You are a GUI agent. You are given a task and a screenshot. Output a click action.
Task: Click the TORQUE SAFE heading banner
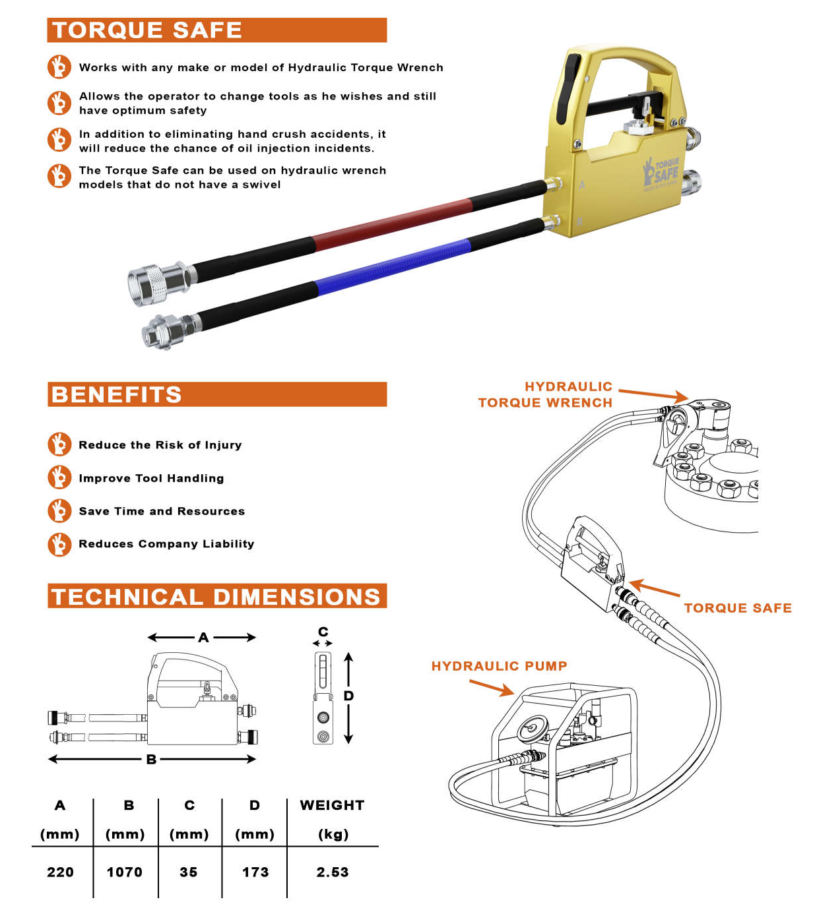click(x=216, y=30)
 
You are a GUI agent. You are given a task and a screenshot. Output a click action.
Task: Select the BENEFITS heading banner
click(x=216, y=394)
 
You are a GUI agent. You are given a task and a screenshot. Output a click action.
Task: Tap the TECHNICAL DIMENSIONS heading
click(x=216, y=596)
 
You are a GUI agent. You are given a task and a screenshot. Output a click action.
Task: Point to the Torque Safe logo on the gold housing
click(x=661, y=173)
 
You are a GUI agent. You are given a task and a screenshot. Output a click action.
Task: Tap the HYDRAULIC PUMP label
click(x=499, y=666)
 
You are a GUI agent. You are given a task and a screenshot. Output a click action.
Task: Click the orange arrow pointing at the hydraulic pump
click(x=492, y=687)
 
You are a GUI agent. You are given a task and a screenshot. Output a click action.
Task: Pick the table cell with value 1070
click(x=125, y=872)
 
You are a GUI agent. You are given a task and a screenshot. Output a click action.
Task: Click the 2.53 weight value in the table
click(x=333, y=872)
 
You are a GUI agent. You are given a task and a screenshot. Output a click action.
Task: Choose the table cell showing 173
click(x=255, y=872)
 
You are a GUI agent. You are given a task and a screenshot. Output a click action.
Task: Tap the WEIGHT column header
click(x=332, y=805)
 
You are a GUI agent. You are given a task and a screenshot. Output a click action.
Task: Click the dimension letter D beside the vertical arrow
click(x=348, y=696)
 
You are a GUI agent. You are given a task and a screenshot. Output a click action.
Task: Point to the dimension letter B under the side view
click(x=151, y=759)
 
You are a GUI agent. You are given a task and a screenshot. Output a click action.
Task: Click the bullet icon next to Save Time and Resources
click(x=59, y=511)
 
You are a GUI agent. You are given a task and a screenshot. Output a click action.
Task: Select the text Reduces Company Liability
click(x=166, y=543)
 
